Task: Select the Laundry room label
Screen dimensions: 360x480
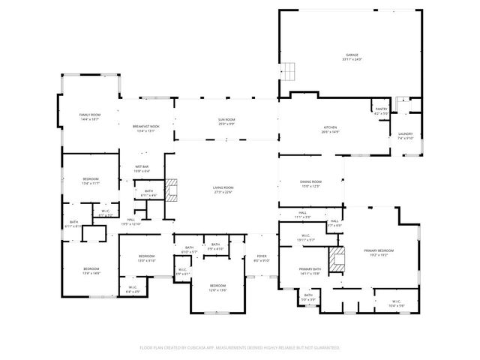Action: (406, 135)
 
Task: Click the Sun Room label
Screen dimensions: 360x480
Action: (226, 121)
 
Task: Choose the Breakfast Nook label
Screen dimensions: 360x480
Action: (146, 128)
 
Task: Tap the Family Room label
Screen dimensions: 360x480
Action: (90, 116)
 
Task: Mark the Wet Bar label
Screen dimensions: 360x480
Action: (142, 168)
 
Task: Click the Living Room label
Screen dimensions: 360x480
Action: (223, 189)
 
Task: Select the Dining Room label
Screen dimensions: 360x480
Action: (310, 183)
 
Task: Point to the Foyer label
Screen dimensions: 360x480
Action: (261, 259)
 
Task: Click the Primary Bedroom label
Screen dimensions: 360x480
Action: (379, 253)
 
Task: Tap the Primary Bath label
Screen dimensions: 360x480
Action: (310, 271)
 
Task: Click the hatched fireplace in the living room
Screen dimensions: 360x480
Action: (172, 190)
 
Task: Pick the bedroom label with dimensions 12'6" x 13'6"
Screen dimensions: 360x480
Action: (217, 287)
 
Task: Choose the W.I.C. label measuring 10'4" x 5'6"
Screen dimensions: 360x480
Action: (396, 304)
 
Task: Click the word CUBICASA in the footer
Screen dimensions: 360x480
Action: (218, 347)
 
